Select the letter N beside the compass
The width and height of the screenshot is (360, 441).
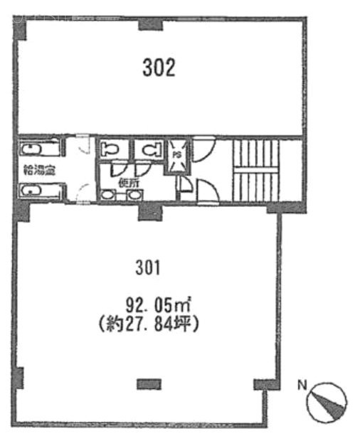tap(302, 386)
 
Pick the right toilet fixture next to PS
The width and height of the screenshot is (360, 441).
tap(149, 149)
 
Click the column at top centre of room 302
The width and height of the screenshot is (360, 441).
tap(149, 26)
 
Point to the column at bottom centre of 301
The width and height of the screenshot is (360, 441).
tap(148, 383)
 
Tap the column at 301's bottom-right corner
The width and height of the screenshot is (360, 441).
tap(264, 385)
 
